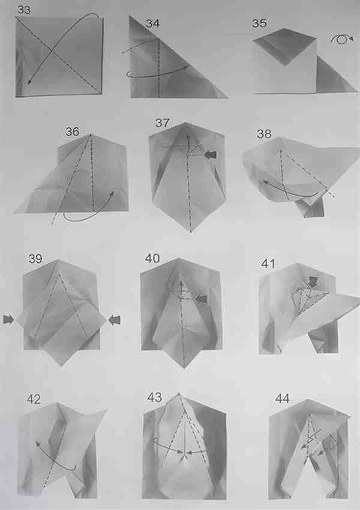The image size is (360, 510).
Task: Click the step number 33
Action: (x=24, y=10)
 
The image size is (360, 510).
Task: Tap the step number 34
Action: (x=153, y=23)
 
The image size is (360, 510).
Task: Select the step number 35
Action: (x=259, y=23)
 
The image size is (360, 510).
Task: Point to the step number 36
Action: (x=72, y=132)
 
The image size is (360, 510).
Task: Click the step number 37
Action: (x=162, y=123)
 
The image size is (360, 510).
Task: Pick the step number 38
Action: (x=264, y=134)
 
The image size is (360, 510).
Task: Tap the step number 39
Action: (x=35, y=259)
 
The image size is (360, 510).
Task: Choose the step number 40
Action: (x=152, y=259)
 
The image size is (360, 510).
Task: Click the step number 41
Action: (x=268, y=264)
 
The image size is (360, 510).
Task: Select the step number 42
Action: (x=34, y=399)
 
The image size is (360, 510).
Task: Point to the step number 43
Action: (x=154, y=397)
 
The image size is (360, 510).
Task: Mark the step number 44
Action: (x=282, y=398)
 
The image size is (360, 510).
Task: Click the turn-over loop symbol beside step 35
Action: (x=342, y=39)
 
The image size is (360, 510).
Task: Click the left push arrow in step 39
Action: (x=8, y=319)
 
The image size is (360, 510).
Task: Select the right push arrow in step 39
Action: (x=114, y=320)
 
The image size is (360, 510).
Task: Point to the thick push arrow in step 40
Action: (x=202, y=299)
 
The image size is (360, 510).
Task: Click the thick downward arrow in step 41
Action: (x=313, y=281)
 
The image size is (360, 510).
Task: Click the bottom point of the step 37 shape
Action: (x=191, y=232)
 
